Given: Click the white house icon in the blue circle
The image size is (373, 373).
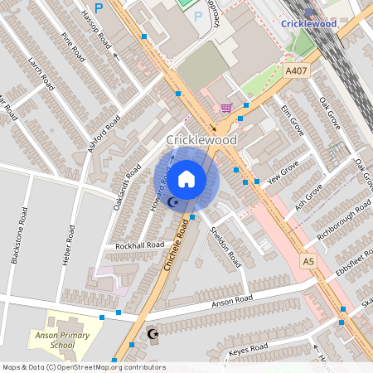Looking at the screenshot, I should click(186, 178).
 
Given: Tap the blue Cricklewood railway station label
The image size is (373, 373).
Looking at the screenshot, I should click(308, 24).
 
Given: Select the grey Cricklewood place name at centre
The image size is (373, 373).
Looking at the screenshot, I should click(202, 140).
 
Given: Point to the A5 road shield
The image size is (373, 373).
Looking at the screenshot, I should click(308, 260).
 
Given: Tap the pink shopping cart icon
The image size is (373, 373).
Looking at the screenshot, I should click(226, 107).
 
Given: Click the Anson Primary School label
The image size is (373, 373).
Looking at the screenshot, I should click(74, 340).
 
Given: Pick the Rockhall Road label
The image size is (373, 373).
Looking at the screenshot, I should click(140, 246).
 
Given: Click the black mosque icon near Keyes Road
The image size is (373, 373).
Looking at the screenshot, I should click(152, 334).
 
